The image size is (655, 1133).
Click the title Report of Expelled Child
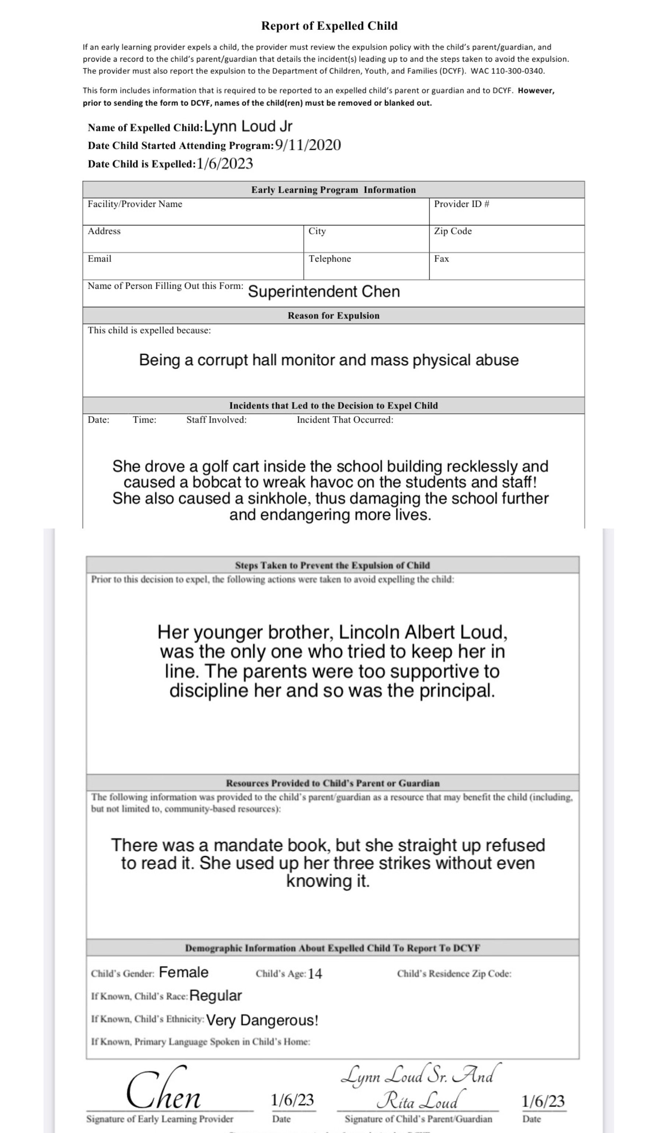click(x=329, y=26)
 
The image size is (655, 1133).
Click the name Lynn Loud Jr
click(x=248, y=127)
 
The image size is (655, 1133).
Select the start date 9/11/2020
click(x=308, y=145)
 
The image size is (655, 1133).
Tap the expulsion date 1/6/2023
click(x=224, y=163)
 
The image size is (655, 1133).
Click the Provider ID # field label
click(x=461, y=204)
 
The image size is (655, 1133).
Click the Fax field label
click(x=441, y=259)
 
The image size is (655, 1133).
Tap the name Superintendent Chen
click(x=324, y=291)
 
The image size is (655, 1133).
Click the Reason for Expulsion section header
click(x=333, y=316)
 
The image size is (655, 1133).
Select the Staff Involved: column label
click(x=216, y=420)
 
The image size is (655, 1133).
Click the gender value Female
click(x=183, y=973)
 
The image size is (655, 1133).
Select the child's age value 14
click(x=315, y=974)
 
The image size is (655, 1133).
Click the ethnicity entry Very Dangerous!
click(x=262, y=1020)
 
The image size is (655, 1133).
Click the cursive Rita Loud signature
click(x=418, y=1100)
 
